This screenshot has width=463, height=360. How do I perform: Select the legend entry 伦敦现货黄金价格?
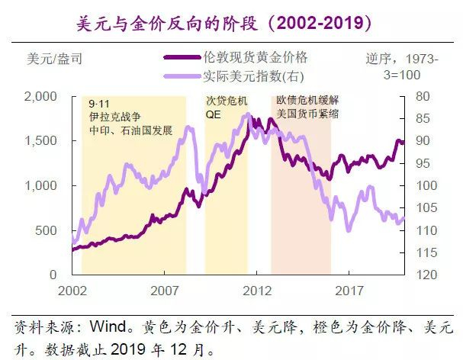256,58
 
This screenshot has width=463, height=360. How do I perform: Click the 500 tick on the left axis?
48,230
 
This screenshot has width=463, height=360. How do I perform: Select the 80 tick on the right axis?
424,96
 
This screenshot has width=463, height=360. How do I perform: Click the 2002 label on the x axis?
72,291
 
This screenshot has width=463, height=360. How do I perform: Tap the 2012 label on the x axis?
259,291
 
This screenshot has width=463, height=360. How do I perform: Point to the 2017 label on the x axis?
350,291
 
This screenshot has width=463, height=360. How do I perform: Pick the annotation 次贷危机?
227,101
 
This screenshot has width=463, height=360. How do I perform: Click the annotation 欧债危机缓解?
307,101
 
